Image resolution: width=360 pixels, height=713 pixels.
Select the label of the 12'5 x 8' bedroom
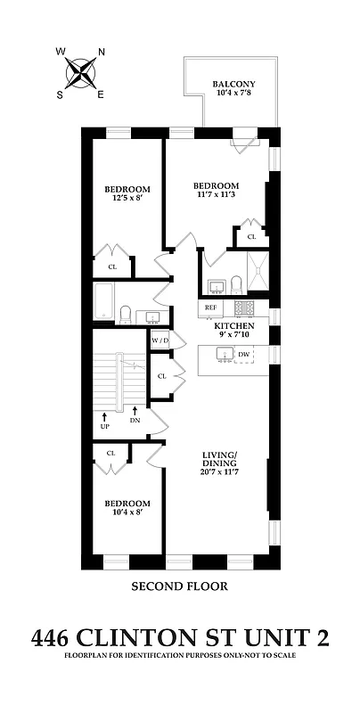pyautogui.click(x=127, y=189)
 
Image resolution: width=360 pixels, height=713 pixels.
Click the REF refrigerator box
pyautogui.click(x=211, y=307)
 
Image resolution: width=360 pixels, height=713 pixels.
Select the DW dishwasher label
pyautogui.click(x=243, y=355)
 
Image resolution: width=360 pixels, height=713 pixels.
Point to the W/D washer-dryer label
pyautogui.click(x=160, y=340)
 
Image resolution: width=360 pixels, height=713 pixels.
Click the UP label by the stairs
pyautogui.click(x=104, y=421)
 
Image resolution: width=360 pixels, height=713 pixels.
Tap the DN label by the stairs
pyautogui.click(x=135, y=421)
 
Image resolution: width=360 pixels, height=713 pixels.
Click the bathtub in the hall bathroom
pyautogui.click(x=102, y=303)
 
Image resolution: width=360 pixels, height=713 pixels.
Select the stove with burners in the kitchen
pyautogui.click(x=245, y=307)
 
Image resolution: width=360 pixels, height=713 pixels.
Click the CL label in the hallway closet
pyautogui.click(x=161, y=376)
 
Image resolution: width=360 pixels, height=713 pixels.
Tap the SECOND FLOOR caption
pyautogui.click(x=179, y=586)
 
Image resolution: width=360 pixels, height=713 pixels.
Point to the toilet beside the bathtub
pyautogui.click(x=126, y=313)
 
